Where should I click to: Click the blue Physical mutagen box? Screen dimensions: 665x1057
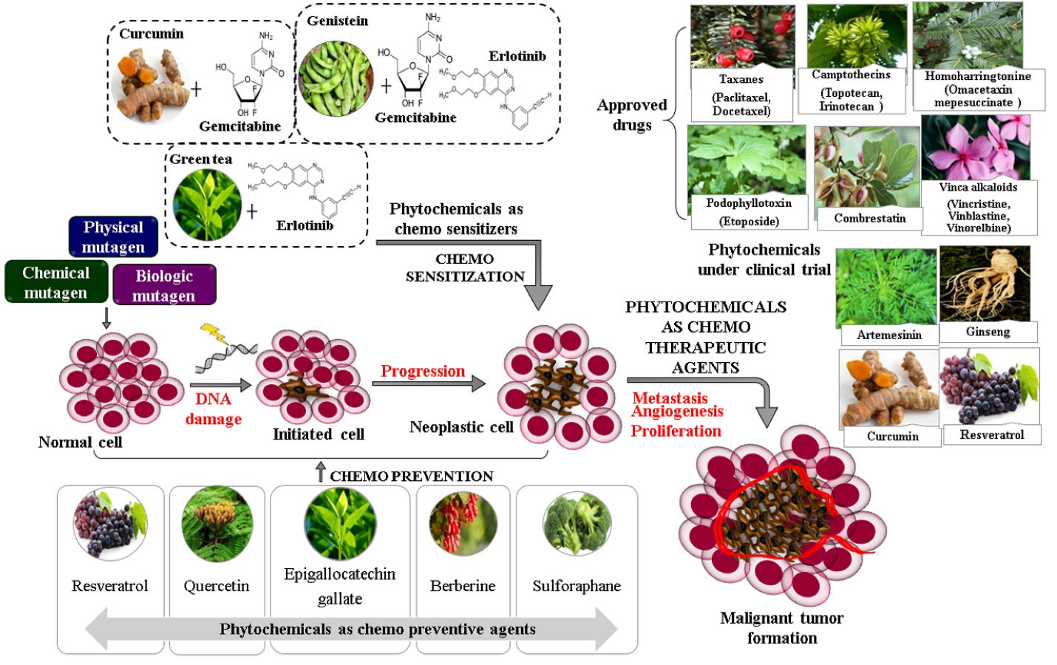pyautogui.click(x=113, y=236)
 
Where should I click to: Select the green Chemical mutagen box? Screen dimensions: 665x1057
pyautogui.click(x=55, y=282)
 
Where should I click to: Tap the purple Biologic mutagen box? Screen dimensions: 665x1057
pyautogui.click(x=164, y=285)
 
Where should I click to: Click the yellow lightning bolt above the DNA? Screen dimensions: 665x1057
pyautogui.click(x=214, y=332)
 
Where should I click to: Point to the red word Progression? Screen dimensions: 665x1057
pyautogui.click(x=423, y=371)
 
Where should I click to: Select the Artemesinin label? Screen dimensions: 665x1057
pyautogui.click(x=889, y=335)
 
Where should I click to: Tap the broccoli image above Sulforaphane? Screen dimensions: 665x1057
pyautogui.click(x=577, y=524)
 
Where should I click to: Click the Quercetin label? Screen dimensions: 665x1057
pyautogui.click(x=217, y=586)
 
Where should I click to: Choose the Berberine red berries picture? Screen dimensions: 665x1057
pyautogui.click(x=463, y=524)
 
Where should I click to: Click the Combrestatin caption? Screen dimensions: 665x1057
pyautogui.click(x=870, y=218)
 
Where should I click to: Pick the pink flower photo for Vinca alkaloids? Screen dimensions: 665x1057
pyautogui.click(x=976, y=149)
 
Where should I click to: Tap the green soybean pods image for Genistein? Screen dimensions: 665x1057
pyautogui.click(x=336, y=78)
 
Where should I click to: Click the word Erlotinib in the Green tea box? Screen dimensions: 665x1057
pyautogui.click(x=305, y=225)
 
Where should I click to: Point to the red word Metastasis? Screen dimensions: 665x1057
pyautogui.click(x=670, y=398)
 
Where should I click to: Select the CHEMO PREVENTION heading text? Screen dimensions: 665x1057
pyautogui.click(x=412, y=476)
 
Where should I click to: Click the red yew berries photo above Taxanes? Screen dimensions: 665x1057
pyautogui.click(x=741, y=37)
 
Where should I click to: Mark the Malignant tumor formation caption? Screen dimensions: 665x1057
pyautogui.click(x=782, y=627)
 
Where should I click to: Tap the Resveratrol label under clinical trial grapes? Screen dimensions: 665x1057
pyautogui.click(x=992, y=434)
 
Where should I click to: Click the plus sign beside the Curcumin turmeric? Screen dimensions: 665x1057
pyautogui.click(x=196, y=89)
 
